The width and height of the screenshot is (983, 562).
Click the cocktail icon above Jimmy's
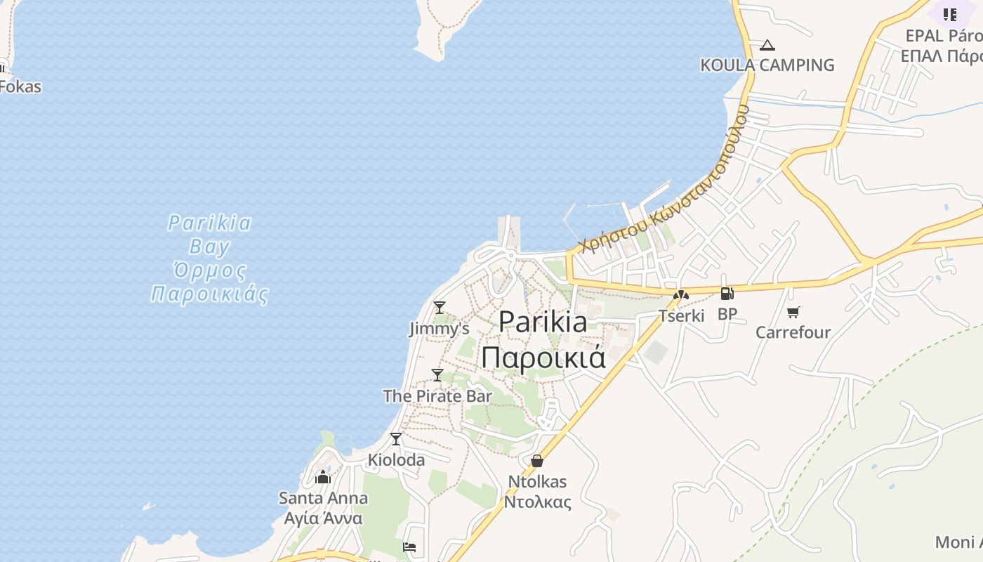(440, 308)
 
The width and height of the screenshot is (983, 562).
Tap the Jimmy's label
(440, 329)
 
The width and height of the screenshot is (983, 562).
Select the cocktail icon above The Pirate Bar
(437, 374)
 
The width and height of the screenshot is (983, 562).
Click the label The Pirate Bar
(437, 396)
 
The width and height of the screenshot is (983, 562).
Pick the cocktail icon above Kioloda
(396, 439)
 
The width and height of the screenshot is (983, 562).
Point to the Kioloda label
(397, 460)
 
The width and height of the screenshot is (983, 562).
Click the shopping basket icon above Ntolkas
(537, 461)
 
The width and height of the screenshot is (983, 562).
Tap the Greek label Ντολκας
(538, 502)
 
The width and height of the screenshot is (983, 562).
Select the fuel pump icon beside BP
(727, 294)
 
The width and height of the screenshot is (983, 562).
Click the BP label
(727, 314)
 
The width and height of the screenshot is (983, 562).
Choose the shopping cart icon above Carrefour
(793, 312)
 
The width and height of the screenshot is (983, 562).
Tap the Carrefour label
(793, 332)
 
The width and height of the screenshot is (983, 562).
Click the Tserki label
(681, 315)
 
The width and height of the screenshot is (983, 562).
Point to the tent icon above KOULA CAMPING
(767, 46)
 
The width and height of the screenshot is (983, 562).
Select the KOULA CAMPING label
(767, 65)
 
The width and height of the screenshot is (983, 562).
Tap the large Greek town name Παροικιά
(543, 357)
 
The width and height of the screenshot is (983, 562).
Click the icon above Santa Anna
(323, 478)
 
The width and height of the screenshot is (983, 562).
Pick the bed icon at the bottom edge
(410, 547)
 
